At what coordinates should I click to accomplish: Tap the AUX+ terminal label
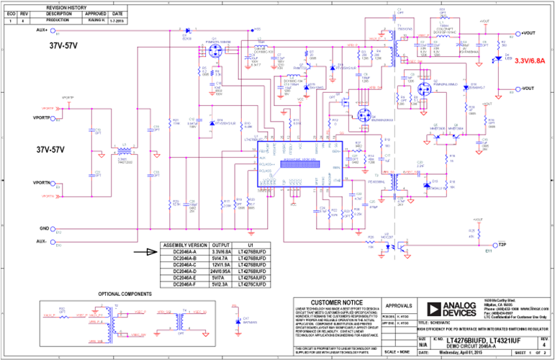(x=40, y=30)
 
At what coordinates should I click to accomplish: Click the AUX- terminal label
(x=41, y=242)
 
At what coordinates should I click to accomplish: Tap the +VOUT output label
(x=528, y=33)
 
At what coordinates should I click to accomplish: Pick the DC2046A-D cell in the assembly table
(x=184, y=271)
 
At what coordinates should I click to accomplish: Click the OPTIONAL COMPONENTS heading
(x=125, y=294)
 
